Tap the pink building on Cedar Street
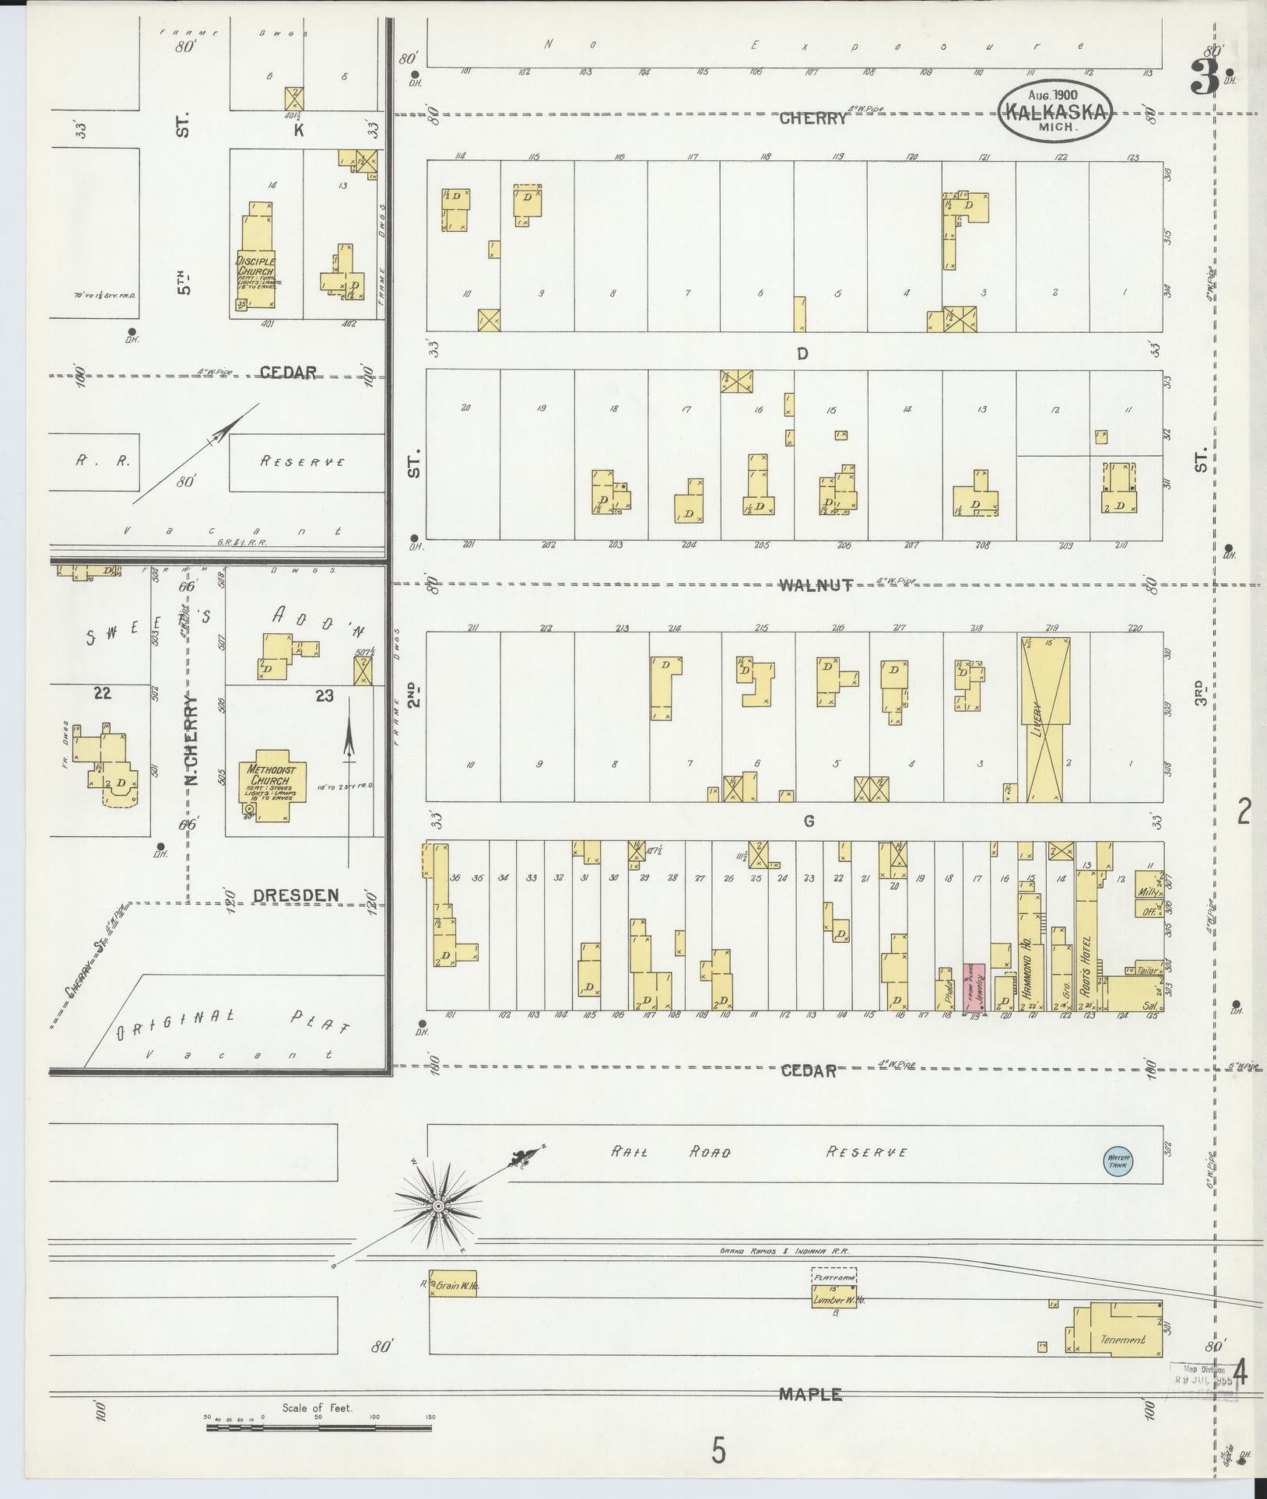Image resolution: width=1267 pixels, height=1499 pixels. tap(974, 988)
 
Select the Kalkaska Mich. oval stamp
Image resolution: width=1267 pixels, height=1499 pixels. tap(1056, 112)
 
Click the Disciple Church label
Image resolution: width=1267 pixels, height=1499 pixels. tap(257, 266)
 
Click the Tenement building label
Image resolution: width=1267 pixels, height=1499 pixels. tap(1123, 1340)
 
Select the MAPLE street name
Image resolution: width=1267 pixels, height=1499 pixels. tap(810, 1395)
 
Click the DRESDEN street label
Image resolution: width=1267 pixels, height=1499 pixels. tap(297, 895)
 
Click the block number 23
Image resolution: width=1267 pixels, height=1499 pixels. tap(324, 695)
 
